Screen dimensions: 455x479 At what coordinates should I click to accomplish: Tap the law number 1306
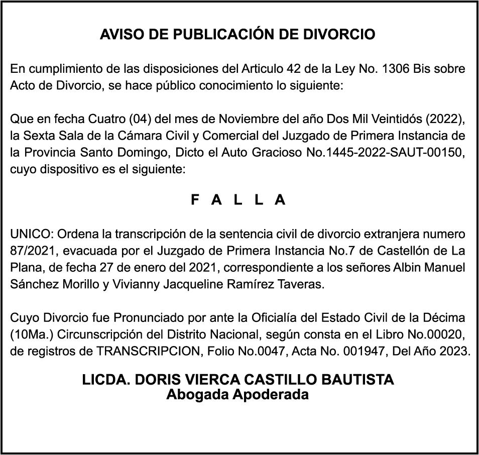pos(396,69)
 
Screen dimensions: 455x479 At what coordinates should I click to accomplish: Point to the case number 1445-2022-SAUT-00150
pos(386,153)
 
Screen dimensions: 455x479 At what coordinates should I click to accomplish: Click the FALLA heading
pos(238,200)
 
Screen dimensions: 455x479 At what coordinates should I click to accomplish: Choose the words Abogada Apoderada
pos(237,395)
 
